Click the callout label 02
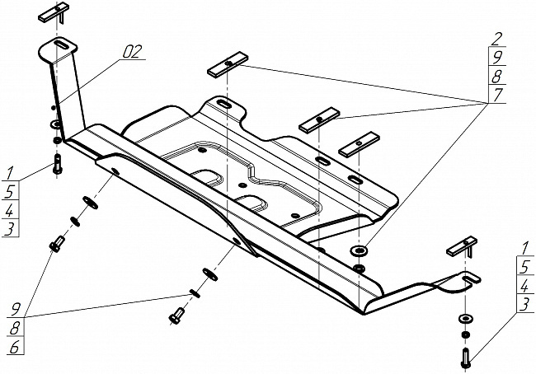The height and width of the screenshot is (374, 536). coord(133,52)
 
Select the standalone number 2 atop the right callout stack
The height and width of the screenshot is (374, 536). coord(498,40)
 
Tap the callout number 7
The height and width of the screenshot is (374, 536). coord(498,95)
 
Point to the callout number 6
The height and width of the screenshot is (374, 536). coord(15,348)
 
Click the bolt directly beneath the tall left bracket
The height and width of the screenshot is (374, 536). coord(58,164)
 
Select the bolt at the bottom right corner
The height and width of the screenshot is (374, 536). coord(466,358)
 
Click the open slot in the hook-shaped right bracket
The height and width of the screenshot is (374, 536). coord(472,278)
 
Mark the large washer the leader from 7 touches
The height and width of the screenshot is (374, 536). coord(358,250)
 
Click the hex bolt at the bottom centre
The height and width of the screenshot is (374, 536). coord(176,316)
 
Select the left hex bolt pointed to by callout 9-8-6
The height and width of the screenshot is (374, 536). coord(57,244)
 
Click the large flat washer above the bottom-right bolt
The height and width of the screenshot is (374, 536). coord(465,319)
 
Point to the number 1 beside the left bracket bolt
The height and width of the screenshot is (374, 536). coord(9,174)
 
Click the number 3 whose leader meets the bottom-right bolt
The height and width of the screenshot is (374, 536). coord(525,304)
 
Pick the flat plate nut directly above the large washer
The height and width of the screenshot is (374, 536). coord(359,144)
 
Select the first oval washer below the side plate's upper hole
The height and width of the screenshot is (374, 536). coord(91,203)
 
